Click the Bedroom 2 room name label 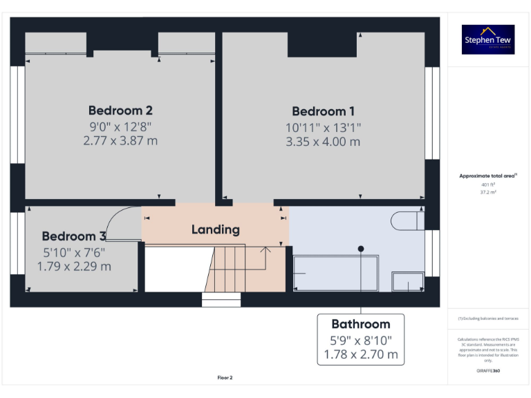point(120,111)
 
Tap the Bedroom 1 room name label point(323,111)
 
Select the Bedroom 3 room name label point(74,236)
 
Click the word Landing point(215,229)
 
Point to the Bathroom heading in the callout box point(360,324)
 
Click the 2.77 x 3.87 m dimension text point(120,141)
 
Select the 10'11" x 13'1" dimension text point(323,127)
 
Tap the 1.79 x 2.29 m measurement point(74,266)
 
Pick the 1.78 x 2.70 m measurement point(360,354)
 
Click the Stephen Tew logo point(488,39)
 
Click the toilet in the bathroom point(407,220)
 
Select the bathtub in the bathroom point(335,274)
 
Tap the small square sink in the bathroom point(408,281)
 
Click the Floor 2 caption point(225,377)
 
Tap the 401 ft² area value point(488,185)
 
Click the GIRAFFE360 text point(488,371)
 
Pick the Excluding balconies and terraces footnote point(488,319)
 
